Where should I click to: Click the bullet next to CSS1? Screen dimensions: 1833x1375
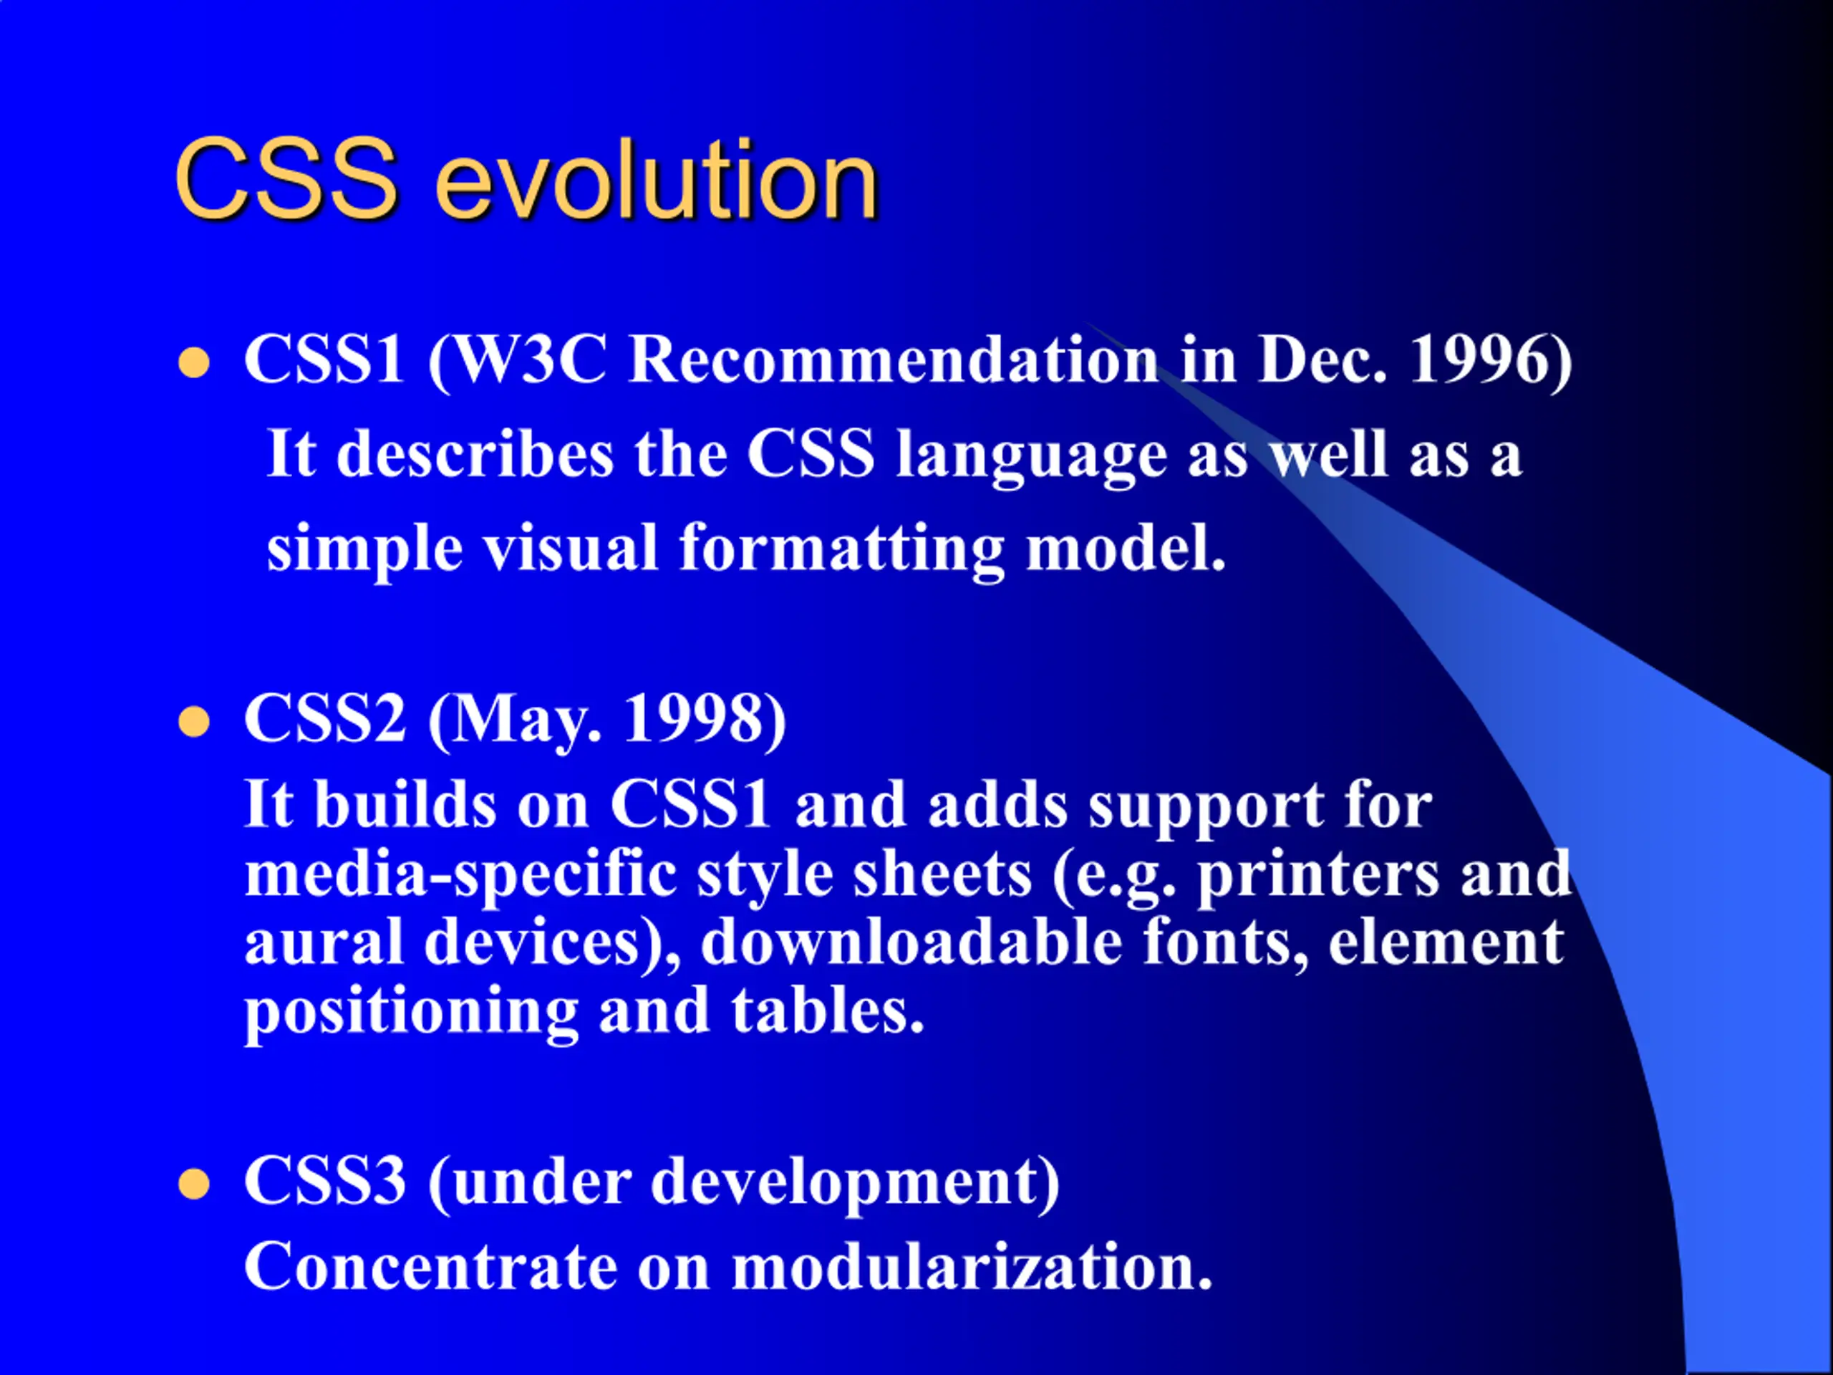pos(194,363)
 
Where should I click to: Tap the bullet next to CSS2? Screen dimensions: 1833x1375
pos(194,722)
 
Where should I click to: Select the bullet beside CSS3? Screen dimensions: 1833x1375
pos(194,1185)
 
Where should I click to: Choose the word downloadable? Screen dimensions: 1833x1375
pos(911,942)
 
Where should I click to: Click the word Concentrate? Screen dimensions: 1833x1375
pos(431,1268)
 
